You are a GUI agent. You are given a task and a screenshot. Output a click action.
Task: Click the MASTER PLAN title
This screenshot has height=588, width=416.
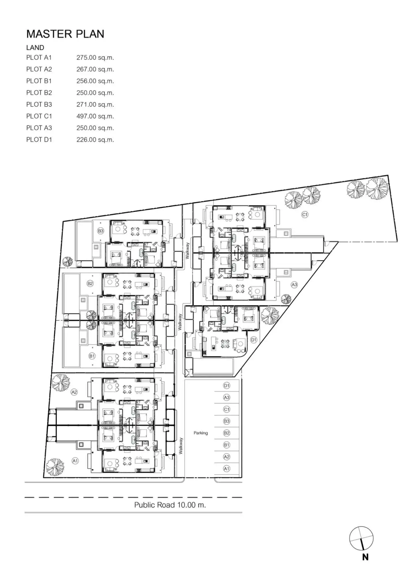point(65,34)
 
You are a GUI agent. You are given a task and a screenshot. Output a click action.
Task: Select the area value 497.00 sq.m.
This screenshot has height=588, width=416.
point(95,116)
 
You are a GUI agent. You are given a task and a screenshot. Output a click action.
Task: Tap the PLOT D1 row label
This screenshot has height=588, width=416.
point(39,140)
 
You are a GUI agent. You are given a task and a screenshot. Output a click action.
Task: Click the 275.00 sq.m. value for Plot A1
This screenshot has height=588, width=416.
point(95,58)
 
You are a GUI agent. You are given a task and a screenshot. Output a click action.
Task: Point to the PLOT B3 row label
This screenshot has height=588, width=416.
point(39,105)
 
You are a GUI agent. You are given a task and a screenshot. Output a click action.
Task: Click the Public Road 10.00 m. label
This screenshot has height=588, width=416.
point(170,505)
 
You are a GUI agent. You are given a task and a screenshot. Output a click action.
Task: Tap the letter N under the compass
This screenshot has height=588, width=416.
point(365,557)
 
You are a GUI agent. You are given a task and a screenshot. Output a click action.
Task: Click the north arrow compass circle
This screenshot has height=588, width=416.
point(361,538)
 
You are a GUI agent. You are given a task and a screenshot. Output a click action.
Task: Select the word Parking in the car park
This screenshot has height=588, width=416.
point(201,433)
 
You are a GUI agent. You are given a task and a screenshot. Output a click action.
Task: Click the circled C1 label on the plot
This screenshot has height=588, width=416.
point(305,215)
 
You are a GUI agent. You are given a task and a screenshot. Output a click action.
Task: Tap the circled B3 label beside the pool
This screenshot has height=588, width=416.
point(101,231)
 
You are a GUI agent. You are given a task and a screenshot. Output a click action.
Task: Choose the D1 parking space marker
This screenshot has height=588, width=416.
point(227,386)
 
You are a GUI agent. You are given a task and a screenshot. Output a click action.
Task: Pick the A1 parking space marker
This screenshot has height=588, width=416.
point(227,469)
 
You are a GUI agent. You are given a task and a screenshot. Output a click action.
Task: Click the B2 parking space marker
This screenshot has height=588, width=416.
point(227,433)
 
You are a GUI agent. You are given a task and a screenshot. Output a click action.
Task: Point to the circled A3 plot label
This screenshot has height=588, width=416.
point(294,285)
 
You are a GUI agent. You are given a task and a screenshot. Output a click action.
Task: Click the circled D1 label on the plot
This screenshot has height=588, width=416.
point(254,340)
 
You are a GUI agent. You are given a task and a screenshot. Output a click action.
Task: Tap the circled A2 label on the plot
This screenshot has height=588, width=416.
point(74,392)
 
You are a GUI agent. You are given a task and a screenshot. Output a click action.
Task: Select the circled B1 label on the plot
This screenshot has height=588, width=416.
point(92,356)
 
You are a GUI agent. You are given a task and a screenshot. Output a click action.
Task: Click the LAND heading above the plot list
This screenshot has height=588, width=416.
point(35,48)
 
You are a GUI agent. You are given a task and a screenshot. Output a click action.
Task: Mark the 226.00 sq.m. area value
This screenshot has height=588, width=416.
point(95,140)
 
